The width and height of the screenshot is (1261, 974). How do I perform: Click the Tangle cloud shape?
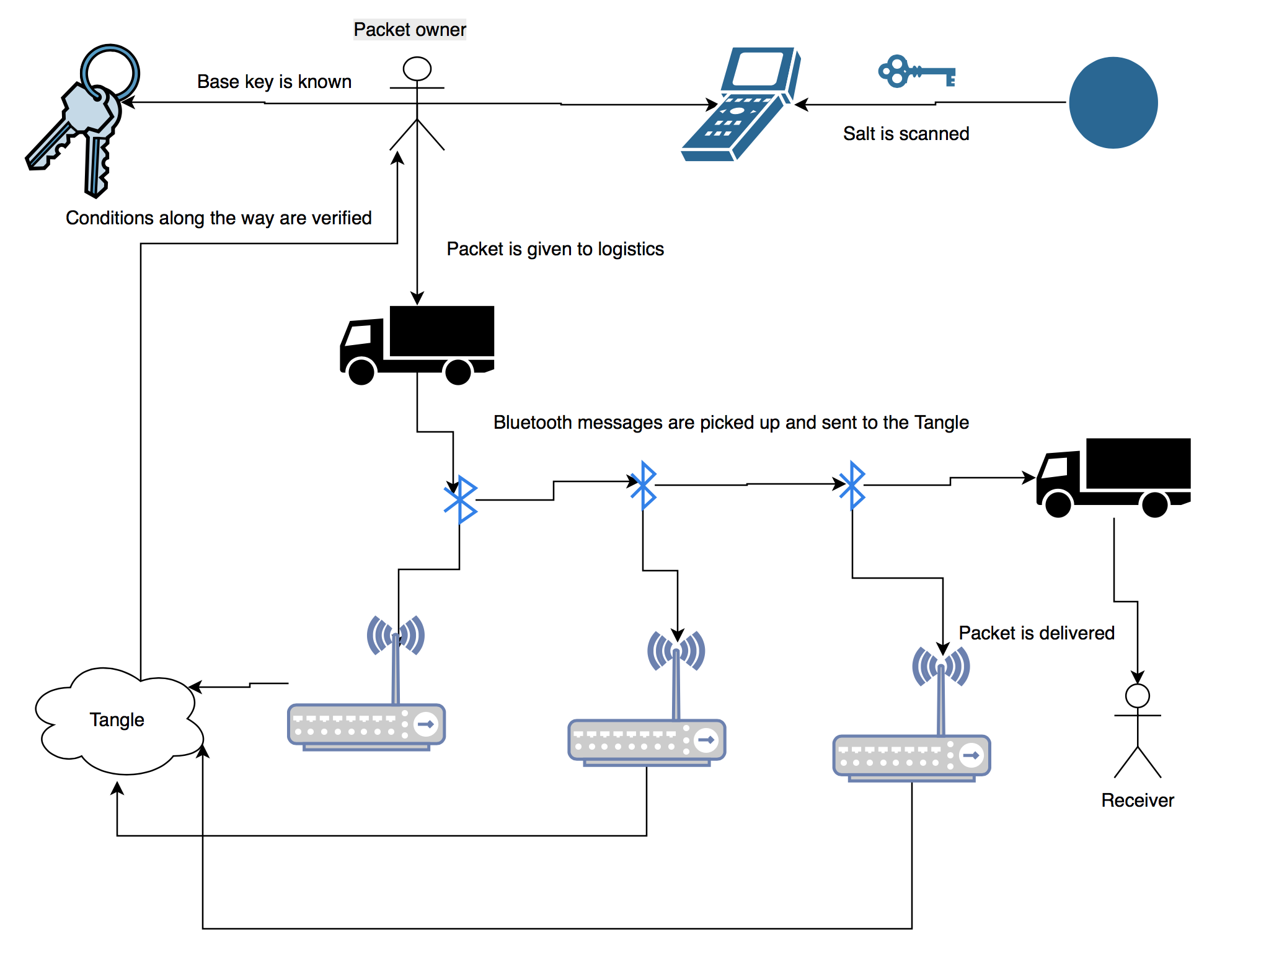[x=118, y=720]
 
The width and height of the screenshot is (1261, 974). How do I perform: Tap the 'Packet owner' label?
[x=409, y=29]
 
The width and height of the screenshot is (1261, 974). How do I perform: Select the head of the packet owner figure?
[x=417, y=69]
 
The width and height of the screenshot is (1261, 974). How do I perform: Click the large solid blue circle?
[x=1113, y=103]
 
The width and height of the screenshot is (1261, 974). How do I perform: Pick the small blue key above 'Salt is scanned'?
[x=916, y=72]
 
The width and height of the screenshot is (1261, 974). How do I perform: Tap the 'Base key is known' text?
[x=274, y=82]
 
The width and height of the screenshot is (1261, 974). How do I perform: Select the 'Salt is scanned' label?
[x=906, y=134]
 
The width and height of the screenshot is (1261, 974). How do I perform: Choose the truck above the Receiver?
[x=1113, y=476]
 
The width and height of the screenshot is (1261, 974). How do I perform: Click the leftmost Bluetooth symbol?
[x=460, y=499]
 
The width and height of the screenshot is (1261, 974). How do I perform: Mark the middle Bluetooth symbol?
[x=644, y=485]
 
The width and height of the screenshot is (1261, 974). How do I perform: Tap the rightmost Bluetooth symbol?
[x=852, y=485]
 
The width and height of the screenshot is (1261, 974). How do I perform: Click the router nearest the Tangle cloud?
[x=366, y=725]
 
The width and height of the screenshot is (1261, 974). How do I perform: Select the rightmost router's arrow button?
[x=971, y=755]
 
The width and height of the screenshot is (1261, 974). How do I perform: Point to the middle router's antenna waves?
[x=676, y=651]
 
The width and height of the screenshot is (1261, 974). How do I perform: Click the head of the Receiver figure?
[x=1138, y=696]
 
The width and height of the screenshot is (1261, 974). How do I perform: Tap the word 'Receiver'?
[x=1137, y=801]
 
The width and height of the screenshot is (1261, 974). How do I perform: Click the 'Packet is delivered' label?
[x=1037, y=633]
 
